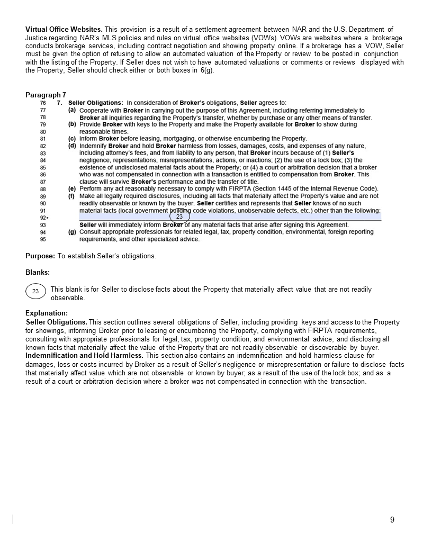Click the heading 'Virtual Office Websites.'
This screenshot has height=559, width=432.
click(64, 29)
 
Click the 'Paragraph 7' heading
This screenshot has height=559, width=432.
click(46, 95)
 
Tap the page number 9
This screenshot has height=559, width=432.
click(392, 520)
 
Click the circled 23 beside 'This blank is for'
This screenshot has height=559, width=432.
click(35, 291)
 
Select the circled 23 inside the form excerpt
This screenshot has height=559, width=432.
click(179, 217)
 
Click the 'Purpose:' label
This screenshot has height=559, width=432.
click(40, 256)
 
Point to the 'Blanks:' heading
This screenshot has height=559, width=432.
click(38, 273)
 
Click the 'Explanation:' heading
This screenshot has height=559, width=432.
click(47, 313)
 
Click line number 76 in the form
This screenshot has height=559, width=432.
click(43, 103)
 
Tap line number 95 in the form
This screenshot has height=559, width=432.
click(43, 239)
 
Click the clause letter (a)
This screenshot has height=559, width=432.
click(72, 110)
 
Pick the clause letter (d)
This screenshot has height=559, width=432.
click(72, 146)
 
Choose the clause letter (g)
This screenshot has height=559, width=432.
click(72, 232)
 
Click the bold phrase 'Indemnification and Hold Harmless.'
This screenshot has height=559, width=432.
click(84, 356)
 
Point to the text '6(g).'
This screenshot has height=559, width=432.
click(208, 70)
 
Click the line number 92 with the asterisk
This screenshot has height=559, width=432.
click(44, 218)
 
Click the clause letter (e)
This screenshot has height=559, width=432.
click(72, 189)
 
